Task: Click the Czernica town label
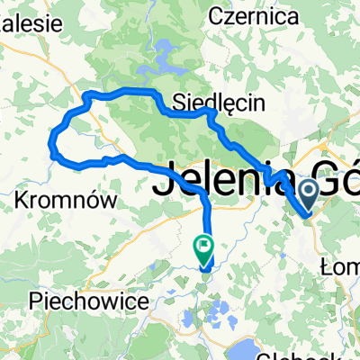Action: point(248,15)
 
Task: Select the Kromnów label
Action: point(68,201)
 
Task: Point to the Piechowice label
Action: point(87,301)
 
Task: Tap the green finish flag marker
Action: point(203,244)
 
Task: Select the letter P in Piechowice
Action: point(35,301)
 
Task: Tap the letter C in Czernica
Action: point(216,15)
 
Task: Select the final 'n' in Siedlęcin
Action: point(259,103)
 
